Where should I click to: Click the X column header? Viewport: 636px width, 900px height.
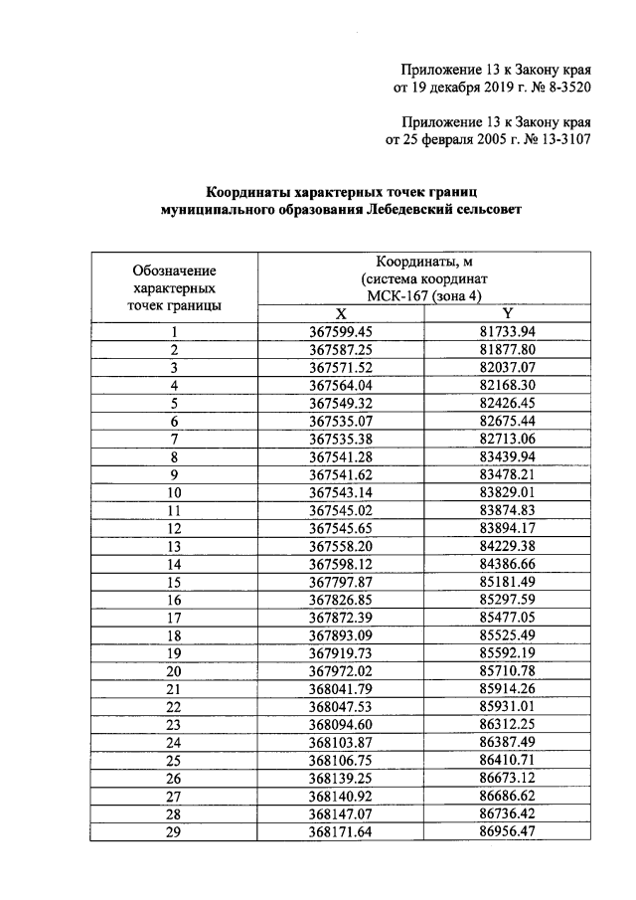341,313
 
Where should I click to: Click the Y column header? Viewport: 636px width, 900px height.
507,313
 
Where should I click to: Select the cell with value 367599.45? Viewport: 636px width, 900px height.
341,332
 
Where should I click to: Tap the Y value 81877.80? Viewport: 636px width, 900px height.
507,350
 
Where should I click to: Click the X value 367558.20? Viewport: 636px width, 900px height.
341,546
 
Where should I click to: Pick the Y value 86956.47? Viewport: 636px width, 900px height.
507,832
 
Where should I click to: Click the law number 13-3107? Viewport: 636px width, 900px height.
557,140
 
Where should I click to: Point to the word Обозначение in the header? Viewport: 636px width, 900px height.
174,270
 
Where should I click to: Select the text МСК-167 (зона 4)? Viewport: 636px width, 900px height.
424,296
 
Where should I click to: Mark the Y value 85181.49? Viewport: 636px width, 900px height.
507,582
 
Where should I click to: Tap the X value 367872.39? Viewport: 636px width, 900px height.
341,618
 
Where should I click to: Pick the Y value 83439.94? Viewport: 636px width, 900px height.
507,456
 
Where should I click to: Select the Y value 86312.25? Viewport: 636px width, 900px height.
507,725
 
